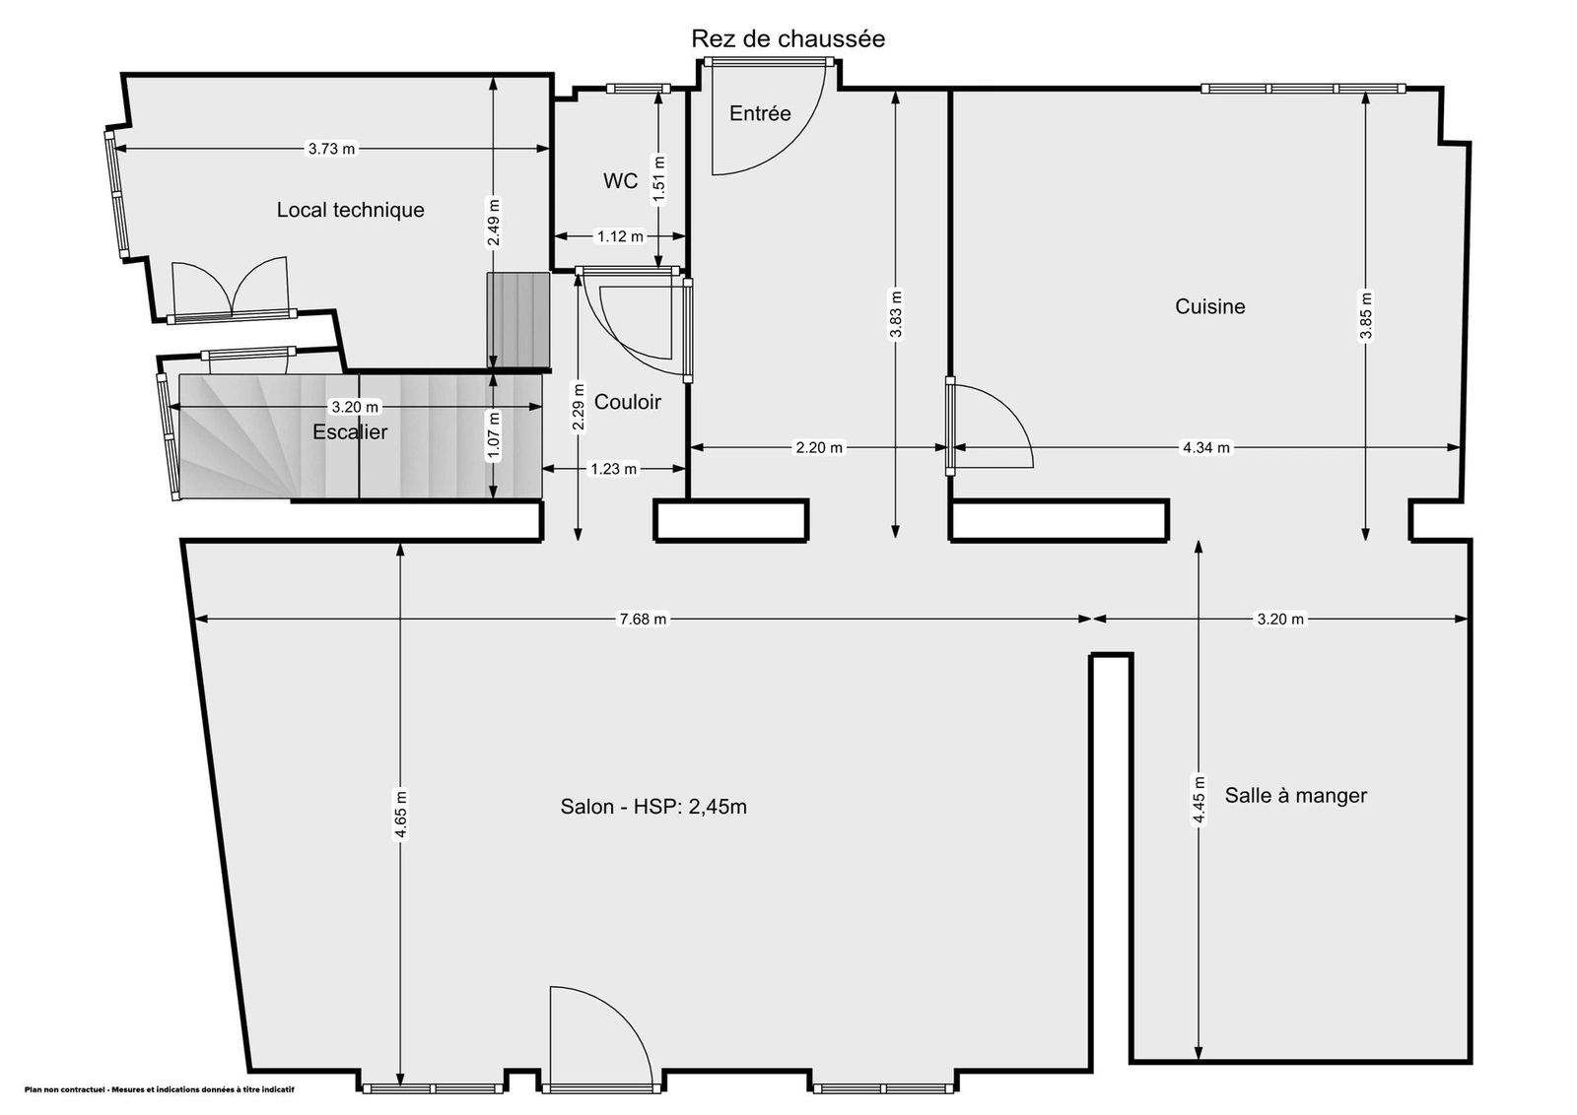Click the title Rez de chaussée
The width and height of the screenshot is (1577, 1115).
[788, 38]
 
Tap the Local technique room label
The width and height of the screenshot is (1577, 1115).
[350, 210]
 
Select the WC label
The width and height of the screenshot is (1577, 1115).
[620, 181]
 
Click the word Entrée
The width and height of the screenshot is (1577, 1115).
[760, 113]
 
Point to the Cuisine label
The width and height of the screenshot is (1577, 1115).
[1209, 306]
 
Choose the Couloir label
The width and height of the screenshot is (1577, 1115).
[627, 402]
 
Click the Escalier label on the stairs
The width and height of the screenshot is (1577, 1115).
[350, 431]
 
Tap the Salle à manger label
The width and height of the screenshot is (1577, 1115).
[1295, 795]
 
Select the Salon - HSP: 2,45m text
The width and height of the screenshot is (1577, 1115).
[653, 806]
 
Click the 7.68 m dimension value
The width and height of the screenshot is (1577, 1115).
[642, 619]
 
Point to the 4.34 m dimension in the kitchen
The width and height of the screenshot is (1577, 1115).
[1206, 447]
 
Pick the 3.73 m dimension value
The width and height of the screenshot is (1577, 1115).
[331, 149]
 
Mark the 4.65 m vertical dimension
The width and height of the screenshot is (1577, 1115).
[400, 815]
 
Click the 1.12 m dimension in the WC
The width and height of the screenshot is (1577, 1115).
[620, 236]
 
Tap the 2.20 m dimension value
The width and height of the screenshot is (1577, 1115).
[819, 447]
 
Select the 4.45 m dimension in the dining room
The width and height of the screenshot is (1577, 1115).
[1199, 799]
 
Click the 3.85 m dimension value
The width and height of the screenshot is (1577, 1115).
[1366, 315]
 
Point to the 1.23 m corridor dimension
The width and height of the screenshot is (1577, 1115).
[613, 469]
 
